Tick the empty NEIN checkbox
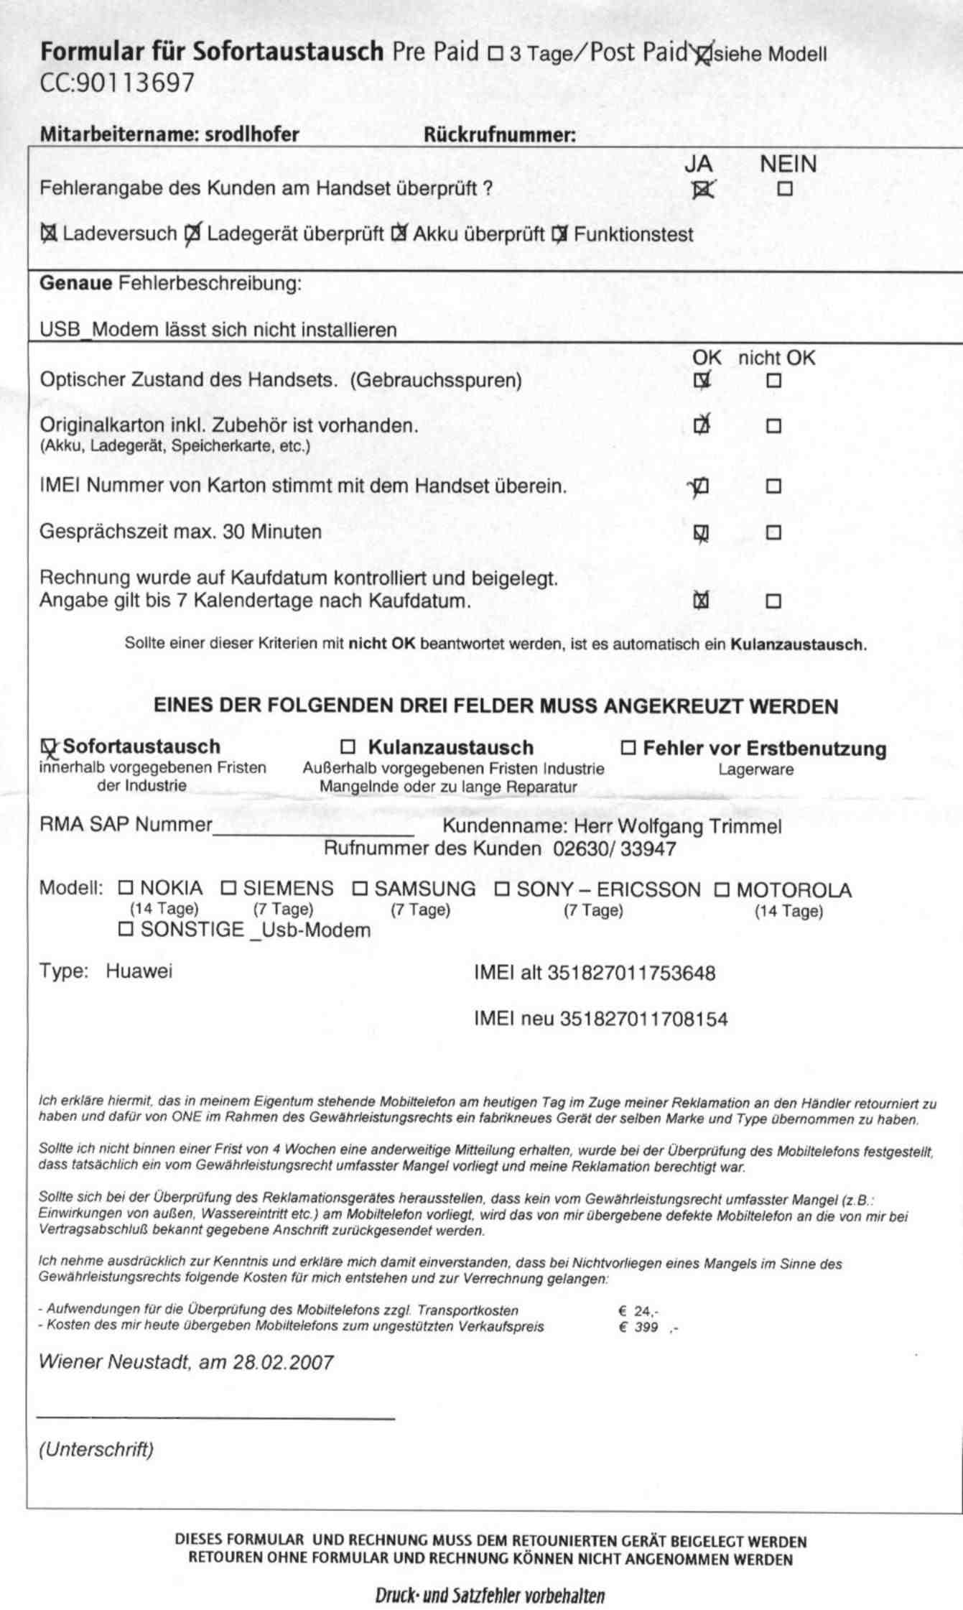[785, 190]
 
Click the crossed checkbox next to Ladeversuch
[49, 234]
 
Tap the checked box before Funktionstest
[559, 234]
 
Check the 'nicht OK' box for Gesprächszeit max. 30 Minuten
[773, 533]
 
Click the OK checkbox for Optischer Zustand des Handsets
[702, 381]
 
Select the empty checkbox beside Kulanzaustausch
[348, 747]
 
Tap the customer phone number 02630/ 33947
[615, 849]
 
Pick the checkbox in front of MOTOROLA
[722, 890]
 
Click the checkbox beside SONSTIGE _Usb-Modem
[126, 930]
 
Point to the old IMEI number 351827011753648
[632, 973]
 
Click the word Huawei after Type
[139, 971]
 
